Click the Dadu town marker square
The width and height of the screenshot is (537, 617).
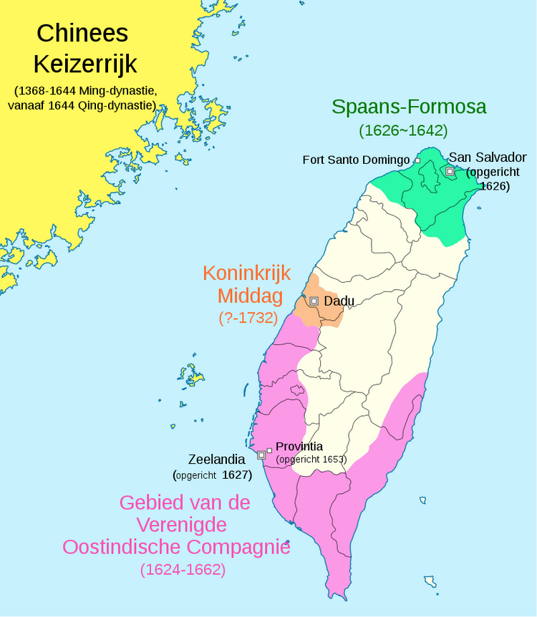(314, 301)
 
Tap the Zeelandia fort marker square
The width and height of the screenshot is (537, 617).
(261, 455)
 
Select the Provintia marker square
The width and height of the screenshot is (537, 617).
(269, 450)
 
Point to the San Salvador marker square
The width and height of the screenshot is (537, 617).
(449, 171)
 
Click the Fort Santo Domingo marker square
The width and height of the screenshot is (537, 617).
(417, 161)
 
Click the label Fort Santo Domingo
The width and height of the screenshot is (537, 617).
(356, 160)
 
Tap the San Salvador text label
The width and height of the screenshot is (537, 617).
(487, 157)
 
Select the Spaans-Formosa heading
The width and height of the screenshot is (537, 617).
(409, 107)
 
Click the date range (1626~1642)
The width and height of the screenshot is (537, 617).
(403, 131)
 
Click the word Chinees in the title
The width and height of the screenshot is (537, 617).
(83, 33)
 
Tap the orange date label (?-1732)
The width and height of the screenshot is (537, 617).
(248, 318)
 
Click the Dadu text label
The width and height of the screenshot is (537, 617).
(339, 301)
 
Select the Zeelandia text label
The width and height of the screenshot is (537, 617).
(216, 459)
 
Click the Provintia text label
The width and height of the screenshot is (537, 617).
(299, 447)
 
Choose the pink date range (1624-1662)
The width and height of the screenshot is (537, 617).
(183, 570)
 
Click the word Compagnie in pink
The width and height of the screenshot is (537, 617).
(240, 548)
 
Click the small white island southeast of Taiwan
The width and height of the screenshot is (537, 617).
(430, 580)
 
